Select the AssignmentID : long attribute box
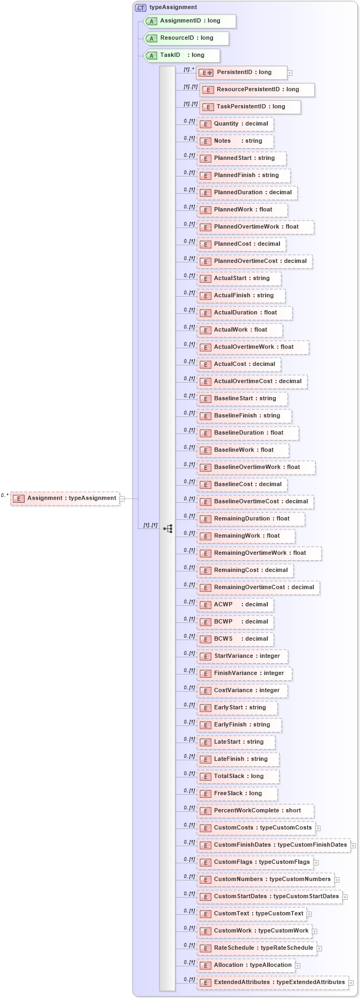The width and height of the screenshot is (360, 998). tap(190, 21)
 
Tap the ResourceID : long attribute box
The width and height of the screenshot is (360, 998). tap(186, 38)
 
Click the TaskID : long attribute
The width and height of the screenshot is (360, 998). tap(182, 55)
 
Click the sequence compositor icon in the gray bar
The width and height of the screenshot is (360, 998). tap(168, 529)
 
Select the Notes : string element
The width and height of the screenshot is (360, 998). tap(236, 141)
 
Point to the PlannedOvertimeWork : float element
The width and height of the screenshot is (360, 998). tap(255, 227)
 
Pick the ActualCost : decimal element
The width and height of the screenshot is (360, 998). tap(239, 364)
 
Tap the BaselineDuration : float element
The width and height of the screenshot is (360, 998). tap(248, 433)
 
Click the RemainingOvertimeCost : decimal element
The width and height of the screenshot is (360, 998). tap(259, 588)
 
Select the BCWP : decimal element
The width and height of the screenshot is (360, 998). tap(236, 622)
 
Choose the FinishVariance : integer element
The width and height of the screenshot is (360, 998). tap(244, 673)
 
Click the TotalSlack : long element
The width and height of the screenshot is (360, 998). tap(238, 776)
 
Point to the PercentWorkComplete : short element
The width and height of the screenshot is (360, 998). tap(255, 811)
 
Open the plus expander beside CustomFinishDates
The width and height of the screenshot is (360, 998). tap(353, 846)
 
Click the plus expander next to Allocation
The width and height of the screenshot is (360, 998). tap(298, 966)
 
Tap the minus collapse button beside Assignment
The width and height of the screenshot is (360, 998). tap(122, 498)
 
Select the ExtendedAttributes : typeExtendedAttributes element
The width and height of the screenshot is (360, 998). tap(273, 982)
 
